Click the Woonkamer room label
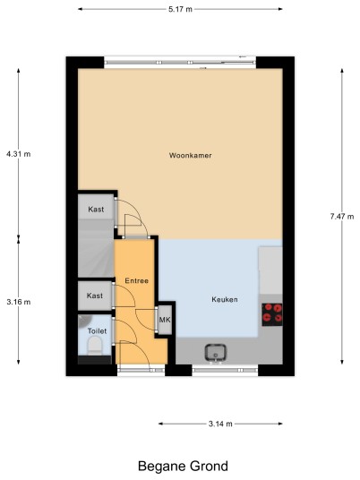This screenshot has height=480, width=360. click(x=190, y=156)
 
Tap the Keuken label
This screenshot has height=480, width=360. click(x=225, y=299)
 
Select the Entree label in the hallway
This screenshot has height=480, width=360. click(x=136, y=280)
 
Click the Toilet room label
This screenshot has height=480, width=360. click(x=97, y=331)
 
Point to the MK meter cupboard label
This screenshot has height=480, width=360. click(x=165, y=320)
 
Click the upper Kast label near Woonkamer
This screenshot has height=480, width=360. click(x=96, y=210)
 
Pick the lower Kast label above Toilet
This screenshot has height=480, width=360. click(x=95, y=296)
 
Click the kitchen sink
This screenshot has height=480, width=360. click(x=216, y=353)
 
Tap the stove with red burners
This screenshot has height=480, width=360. click(x=272, y=314)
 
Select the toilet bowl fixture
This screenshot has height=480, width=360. click(x=95, y=346)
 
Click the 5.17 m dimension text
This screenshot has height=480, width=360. click(x=180, y=9)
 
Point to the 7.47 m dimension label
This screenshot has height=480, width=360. click(x=342, y=217)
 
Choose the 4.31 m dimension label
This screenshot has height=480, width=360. click(x=19, y=154)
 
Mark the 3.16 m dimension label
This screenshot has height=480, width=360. click(x=19, y=302)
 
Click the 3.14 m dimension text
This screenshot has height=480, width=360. click(x=220, y=424)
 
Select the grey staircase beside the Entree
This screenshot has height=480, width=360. click(x=96, y=248)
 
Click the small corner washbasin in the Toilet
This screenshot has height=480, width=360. click(x=84, y=321)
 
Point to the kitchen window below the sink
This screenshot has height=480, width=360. click(x=225, y=370)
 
